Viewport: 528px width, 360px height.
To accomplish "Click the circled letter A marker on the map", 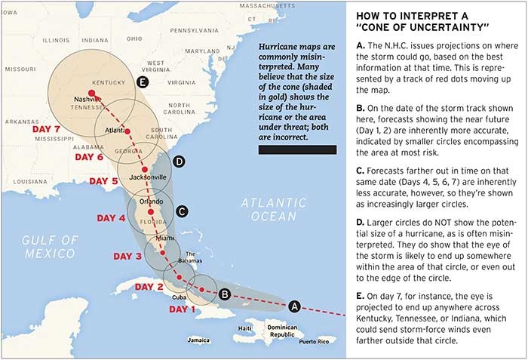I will click(x=295, y=306).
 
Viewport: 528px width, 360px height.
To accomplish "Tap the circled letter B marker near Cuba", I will click(x=224, y=294).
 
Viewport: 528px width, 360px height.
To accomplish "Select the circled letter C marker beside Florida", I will click(x=182, y=212).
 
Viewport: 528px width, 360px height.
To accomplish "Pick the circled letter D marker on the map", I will click(x=179, y=162).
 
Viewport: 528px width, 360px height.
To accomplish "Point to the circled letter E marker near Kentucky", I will click(x=142, y=82).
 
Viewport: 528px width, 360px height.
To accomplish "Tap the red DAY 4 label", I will click(x=112, y=218).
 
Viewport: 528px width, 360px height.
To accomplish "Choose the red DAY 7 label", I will click(x=48, y=129).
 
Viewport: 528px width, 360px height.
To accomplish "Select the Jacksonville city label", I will click(x=148, y=177).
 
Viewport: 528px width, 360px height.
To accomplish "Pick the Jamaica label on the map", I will click(x=198, y=340).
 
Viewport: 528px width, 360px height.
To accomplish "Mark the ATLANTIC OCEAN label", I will click(x=269, y=209).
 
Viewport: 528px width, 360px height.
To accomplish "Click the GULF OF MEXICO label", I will click(x=51, y=246).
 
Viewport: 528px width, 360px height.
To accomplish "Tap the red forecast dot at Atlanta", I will click(x=128, y=131).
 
